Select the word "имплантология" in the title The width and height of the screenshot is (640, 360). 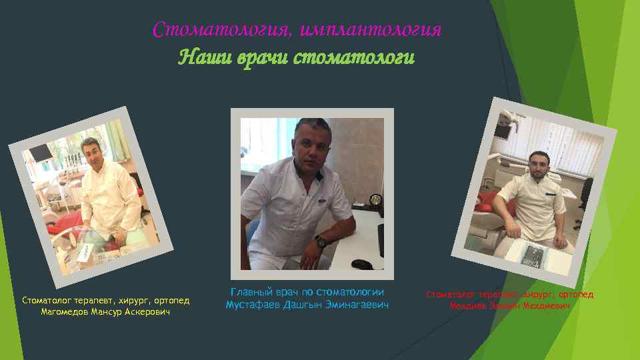[x=371, y=31]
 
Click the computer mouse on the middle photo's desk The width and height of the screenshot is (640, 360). [x=361, y=264]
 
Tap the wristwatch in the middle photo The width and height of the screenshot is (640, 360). [x=321, y=241]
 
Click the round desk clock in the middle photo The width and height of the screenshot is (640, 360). [x=375, y=200]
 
